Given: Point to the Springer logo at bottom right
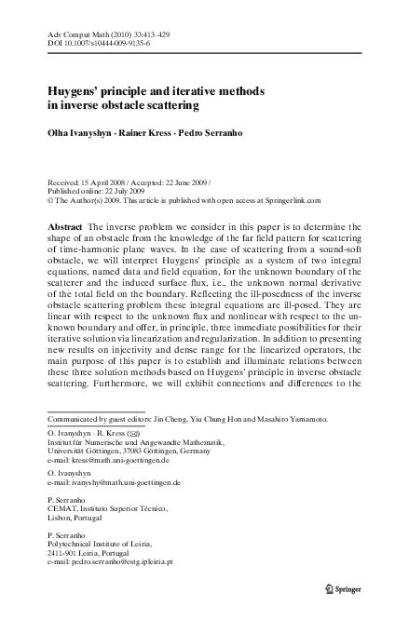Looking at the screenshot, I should coord(344,589).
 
